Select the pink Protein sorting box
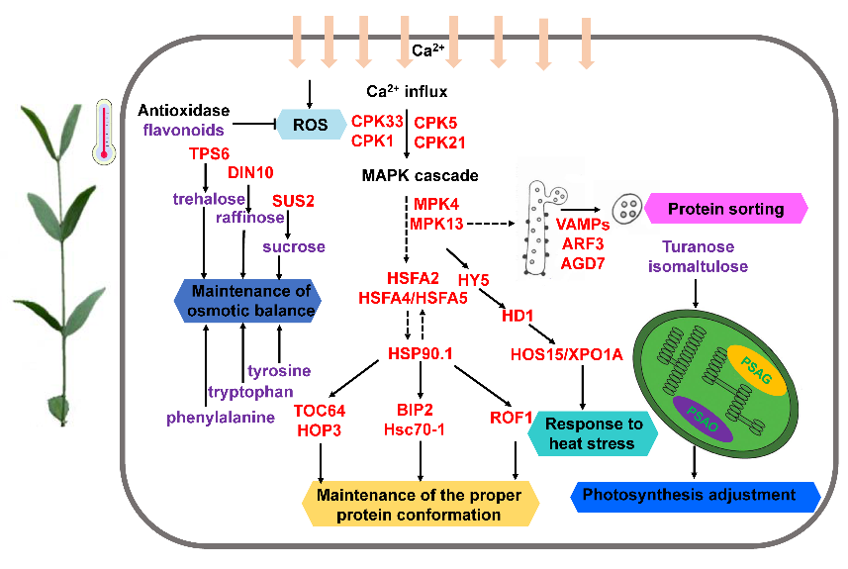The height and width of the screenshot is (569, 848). pyautogui.click(x=725, y=209)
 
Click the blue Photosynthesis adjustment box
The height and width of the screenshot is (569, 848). pyautogui.click(x=697, y=495)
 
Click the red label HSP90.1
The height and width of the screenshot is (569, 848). pyautogui.click(x=420, y=353)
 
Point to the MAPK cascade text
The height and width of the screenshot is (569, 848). pyautogui.click(x=420, y=176)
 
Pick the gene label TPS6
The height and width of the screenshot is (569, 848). pyautogui.click(x=209, y=154)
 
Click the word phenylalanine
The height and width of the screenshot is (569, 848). pyautogui.click(x=220, y=418)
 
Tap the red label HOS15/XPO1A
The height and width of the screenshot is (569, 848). pyautogui.click(x=565, y=353)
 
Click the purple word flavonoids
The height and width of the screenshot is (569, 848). pyautogui.click(x=183, y=129)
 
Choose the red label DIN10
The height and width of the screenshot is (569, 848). pyautogui.click(x=249, y=172)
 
